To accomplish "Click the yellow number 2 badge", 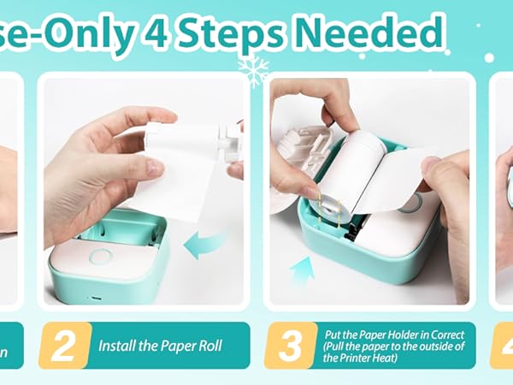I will coord(63,346).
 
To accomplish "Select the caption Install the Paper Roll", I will coord(160,346).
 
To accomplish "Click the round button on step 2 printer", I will coord(101,257).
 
